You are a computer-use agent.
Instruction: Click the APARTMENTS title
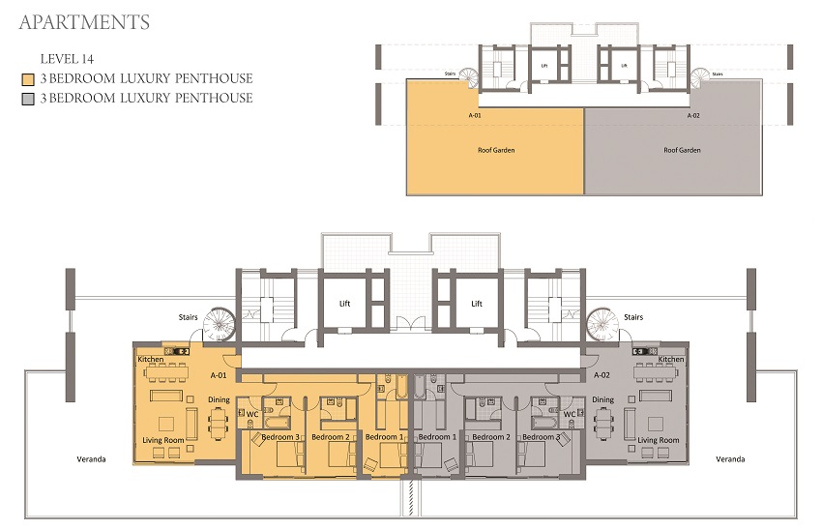pyautogui.click(x=84, y=21)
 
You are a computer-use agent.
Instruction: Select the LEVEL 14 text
pyautogui.click(x=67, y=60)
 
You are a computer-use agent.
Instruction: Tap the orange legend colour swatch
pyautogui.click(x=29, y=79)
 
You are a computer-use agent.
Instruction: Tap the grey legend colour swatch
pyautogui.click(x=29, y=99)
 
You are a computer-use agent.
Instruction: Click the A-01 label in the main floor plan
pyautogui.click(x=219, y=374)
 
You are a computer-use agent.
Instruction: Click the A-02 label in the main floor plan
pyautogui.click(x=601, y=374)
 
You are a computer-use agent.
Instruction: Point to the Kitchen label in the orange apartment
pyautogui.click(x=151, y=359)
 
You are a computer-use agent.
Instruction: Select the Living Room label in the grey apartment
pyautogui.click(x=658, y=440)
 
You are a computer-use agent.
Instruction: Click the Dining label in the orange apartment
pyautogui.click(x=219, y=399)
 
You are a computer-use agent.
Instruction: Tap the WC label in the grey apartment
pyautogui.click(x=570, y=414)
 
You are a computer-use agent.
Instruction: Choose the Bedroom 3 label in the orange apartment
pyautogui.click(x=279, y=437)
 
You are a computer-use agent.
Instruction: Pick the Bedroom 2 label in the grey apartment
pyautogui.click(x=489, y=437)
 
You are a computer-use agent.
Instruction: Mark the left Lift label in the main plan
pyautogui.click(x=344, y=303)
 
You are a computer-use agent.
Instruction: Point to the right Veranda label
pyautogui.click(x=731, y=458)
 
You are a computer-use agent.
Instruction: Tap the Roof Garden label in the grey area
pyautogui.click(x=682, y=150)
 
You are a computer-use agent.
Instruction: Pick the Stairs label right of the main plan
pyautogui.click(x=633, y=316)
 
